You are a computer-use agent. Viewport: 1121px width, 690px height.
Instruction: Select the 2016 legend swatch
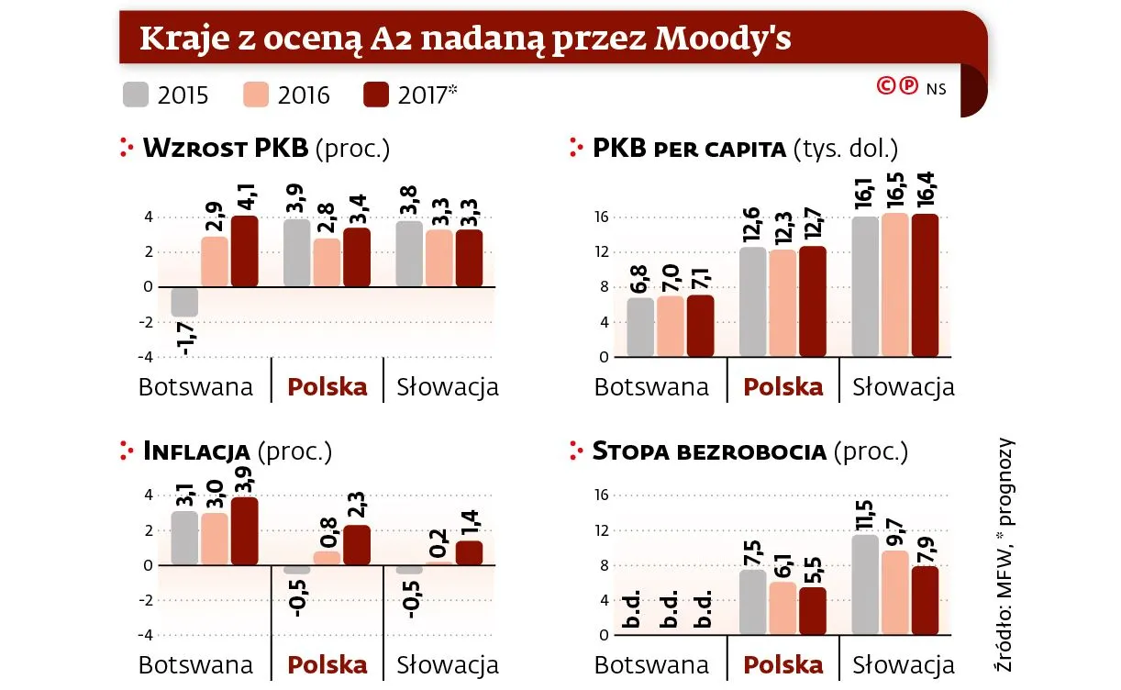click(x=256, y=95)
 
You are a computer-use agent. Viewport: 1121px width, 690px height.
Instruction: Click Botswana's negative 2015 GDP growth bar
click(x=184, y=302)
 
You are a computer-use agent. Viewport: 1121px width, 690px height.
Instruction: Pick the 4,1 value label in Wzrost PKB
click(x=245, y=195)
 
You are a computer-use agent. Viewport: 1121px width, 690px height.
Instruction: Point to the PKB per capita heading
click(x=689, y=149)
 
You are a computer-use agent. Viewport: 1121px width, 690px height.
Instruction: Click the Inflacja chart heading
click(x=197, y=451)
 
